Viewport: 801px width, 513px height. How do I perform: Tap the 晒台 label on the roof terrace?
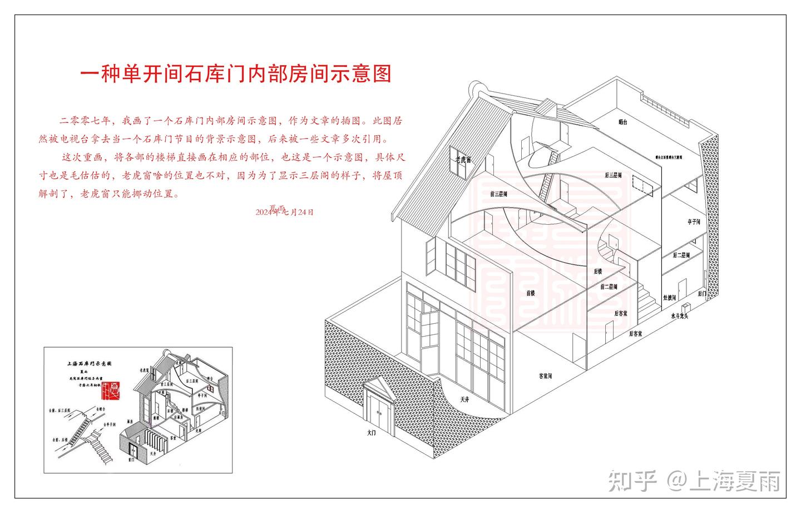coord(622,122)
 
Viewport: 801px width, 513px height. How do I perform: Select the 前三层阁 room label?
coord(500,194)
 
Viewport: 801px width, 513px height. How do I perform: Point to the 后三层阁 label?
coord(613,175)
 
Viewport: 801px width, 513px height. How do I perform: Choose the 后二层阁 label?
coord(681,255)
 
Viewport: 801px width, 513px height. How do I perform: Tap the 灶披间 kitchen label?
coord(669,298)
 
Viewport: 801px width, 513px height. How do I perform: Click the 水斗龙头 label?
coord(679,316)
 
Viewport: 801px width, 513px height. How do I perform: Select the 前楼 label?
coord(530,293)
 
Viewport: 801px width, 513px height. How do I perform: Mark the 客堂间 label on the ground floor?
coord(545,376)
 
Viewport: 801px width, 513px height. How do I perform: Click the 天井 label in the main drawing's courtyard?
coord(464,399)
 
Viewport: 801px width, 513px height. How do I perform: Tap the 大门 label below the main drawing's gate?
coord(372,432)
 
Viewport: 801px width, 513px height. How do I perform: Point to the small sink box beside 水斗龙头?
coord(686,307)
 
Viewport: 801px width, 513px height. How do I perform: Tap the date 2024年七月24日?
coord(285,212)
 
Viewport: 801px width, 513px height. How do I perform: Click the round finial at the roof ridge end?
coord(477,87)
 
